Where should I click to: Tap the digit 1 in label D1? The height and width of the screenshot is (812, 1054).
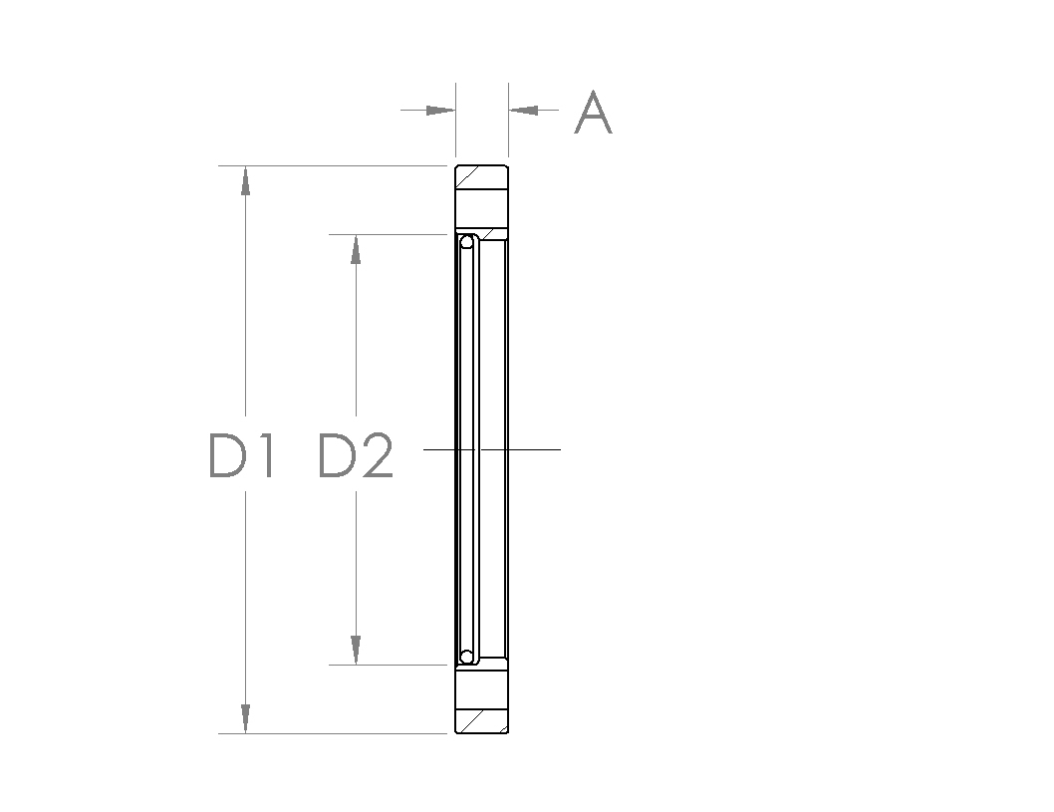pos(263,455)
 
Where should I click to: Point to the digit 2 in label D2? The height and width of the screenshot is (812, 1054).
pos(376,455)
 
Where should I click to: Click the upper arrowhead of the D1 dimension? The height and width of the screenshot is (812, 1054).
pos(245,180)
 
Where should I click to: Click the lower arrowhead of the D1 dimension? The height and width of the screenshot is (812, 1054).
pos(245,718)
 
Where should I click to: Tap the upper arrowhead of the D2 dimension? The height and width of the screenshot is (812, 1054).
pos(355,250)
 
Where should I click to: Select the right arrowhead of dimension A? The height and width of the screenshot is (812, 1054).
pos(523,110)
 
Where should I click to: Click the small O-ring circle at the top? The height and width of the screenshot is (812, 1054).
pos(466,242)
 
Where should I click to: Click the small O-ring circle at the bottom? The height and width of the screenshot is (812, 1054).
pos(466,657)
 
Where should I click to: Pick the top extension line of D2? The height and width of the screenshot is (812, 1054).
pos(389,235)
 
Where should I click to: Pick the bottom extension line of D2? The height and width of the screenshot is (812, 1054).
pos(389,665)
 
